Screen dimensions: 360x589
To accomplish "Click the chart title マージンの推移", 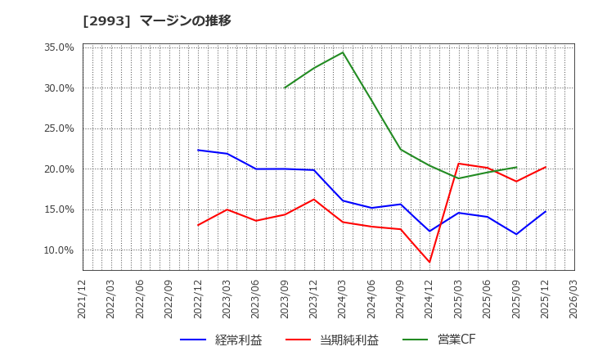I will click(x=185, y=20).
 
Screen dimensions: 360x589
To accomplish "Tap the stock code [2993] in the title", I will click(x=107, y=20).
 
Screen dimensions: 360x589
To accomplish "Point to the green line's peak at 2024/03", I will click(x=343, y=52).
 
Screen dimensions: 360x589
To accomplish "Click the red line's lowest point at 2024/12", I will click(x=429, y=262).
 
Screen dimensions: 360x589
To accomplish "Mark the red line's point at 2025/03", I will click(x=458, y=164).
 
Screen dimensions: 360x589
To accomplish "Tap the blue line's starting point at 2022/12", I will click(x=198, y=150).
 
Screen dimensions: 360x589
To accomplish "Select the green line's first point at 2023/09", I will click(x=285, y=88).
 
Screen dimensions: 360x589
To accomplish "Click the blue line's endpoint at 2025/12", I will click(x=546, y=212).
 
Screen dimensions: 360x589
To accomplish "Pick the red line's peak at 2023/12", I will click(x=314, y=199).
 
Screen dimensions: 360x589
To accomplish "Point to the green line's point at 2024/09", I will click(x=401, y=149).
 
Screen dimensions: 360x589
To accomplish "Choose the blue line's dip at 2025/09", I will click(x=516, y=234).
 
